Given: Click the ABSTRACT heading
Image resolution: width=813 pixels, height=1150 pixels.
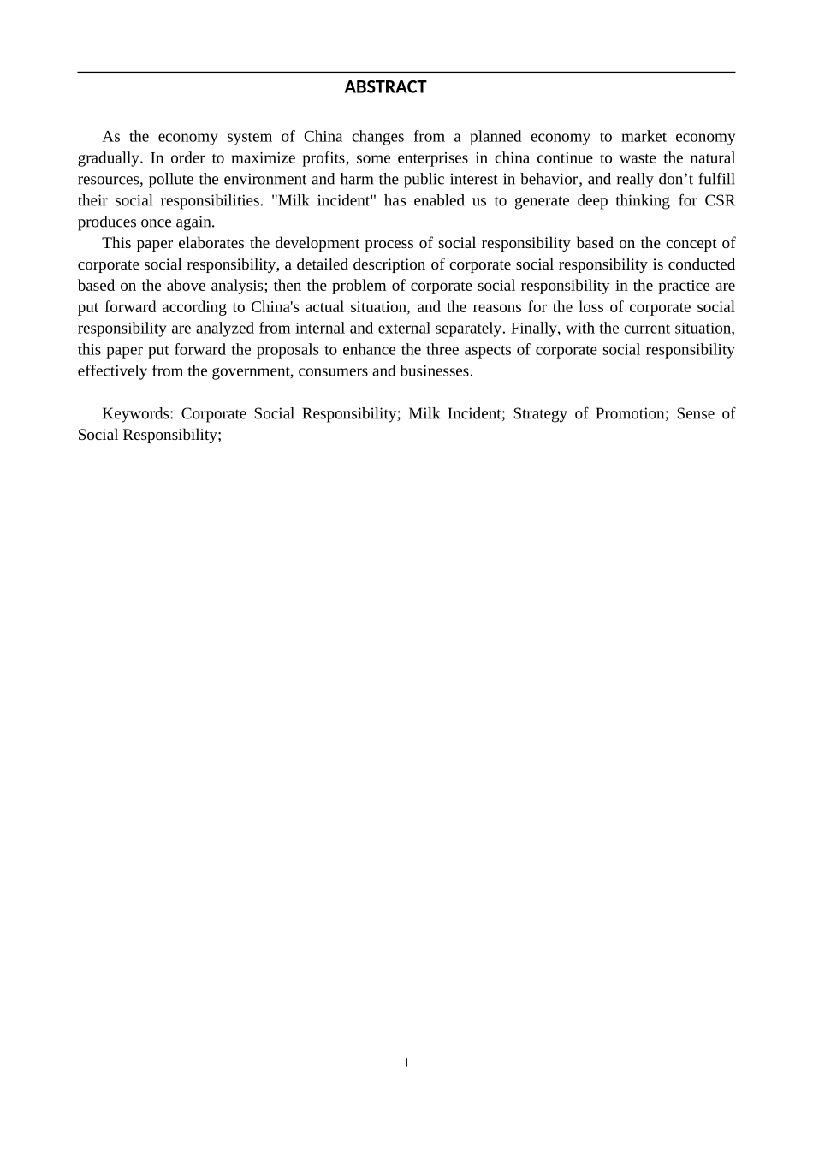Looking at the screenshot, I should (x=385, y=87).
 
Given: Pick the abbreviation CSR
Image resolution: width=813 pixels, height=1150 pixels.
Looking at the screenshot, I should (x=720, y=201).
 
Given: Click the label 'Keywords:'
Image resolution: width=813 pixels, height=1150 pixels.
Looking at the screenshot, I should (x=138, y=414).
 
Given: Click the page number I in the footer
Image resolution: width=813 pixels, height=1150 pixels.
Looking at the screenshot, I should (x=406, y=1064).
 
